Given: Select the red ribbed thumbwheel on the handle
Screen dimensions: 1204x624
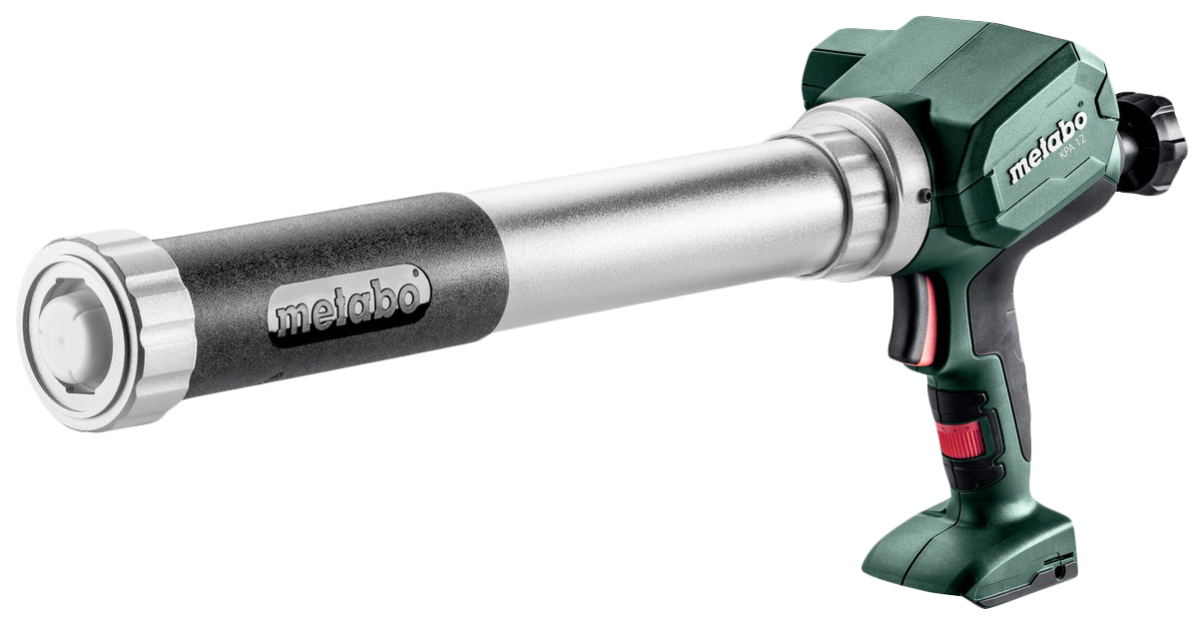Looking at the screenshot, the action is coord(962,438).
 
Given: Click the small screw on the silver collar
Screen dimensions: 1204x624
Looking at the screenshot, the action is coord(924,197).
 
